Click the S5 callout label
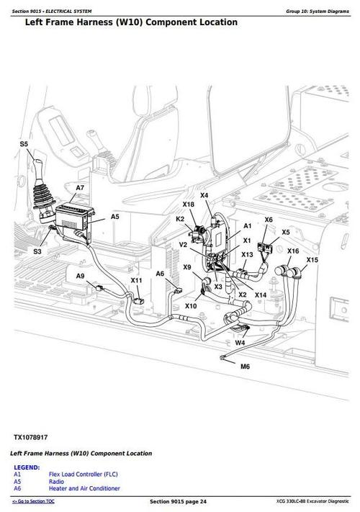coord(24,144)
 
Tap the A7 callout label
coord(80,188)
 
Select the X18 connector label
coord(189,205)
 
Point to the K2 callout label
coord(180,219)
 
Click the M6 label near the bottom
coord(245,367)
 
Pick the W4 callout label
coord(240,343)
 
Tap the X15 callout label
coord(312,260)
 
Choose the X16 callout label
coord(293,251)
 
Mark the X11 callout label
coord(136,281)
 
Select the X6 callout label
coord(269,220)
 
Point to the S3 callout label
coord(37,251)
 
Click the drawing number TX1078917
coord(31,437)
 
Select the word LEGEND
coord(27,467)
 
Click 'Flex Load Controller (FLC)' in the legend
coord(83,475)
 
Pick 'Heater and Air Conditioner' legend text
coord(84,489)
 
